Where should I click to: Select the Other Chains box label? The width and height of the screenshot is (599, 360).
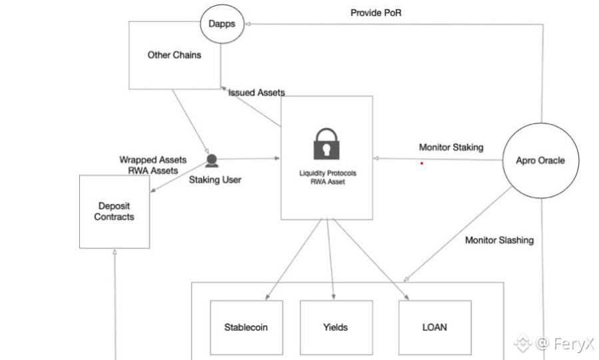click(174, 55)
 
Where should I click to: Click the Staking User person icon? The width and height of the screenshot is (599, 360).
click(211, 161)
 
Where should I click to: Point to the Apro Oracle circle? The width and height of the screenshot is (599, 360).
click(540, 161)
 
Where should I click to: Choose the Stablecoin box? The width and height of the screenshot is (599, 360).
click(246, 327)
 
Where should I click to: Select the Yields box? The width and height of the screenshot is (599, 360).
click(335, 327)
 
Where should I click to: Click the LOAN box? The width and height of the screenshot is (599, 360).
click(434, 327)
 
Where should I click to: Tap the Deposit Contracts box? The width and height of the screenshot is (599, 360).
click(114, 211)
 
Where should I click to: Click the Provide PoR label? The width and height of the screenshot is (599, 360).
click(376, 13)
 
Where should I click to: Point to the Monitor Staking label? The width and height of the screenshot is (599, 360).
click(451, 147)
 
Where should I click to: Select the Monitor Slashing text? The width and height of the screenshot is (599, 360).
click(499, 240)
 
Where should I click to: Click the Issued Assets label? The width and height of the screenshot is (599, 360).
click(257, 93)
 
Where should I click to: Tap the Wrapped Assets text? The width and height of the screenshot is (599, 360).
click(153, 160)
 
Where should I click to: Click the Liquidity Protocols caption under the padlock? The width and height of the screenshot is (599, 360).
click(327, 173)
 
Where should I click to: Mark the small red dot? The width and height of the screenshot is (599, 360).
click(421, 163)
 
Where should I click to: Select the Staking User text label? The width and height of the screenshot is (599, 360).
click(215, 179)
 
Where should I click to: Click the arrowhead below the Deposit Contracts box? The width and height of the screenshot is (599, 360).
click(115, 252)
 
